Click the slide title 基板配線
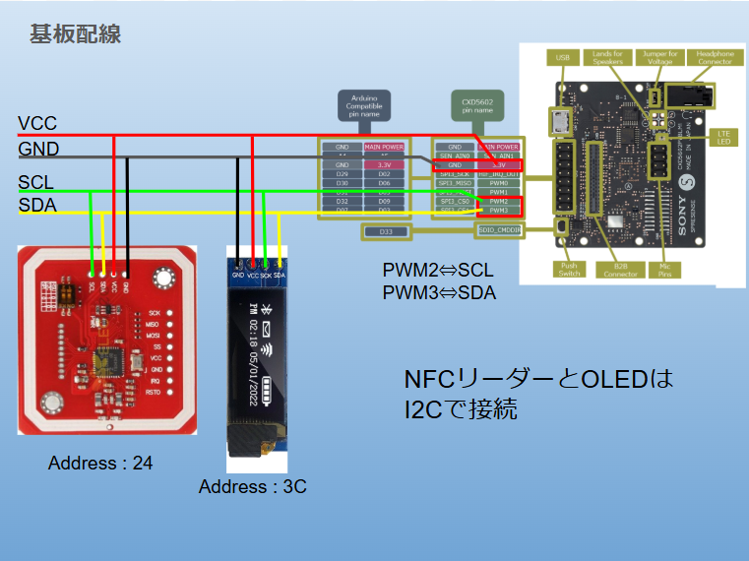point(75,33)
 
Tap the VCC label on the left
point(37,124)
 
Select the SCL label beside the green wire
point(36,183)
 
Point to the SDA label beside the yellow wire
point(37,205)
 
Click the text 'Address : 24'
point(100,463)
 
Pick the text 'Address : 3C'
point(252,487)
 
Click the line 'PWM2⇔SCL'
point(439,270)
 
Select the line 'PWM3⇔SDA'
point(439,292)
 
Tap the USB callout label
point(563,57)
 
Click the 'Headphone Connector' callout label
point(716,57)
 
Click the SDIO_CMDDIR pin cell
point(497,230)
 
